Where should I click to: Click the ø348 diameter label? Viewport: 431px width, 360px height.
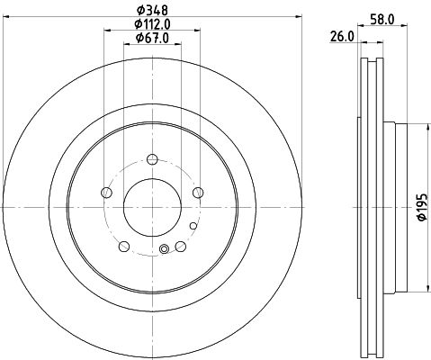coord(152,11)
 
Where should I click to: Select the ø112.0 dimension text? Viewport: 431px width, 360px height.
coord(152,24)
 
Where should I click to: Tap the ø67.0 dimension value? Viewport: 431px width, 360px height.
coord(152,38)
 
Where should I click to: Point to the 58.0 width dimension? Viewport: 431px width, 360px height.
coord(382,20)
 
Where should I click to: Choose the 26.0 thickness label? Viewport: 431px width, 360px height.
coord(342,37)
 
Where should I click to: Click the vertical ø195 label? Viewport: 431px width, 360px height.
coord(422,207)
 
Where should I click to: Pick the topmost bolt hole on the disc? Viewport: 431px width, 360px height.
coord(152,159)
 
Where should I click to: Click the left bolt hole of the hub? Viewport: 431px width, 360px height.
coord(107,193)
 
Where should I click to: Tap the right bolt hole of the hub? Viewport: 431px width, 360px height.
coord(198,193)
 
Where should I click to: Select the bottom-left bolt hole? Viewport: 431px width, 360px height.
coord(124,247)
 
